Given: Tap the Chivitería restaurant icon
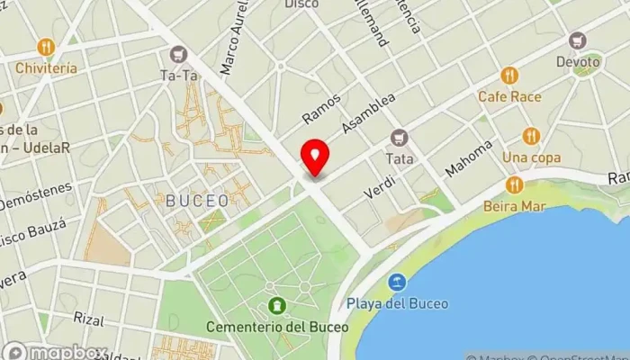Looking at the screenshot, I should [45, 47].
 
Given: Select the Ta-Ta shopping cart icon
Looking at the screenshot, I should [178, 55].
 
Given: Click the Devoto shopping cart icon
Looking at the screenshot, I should [577, 40].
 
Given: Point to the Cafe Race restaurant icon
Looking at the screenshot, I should [509, 76].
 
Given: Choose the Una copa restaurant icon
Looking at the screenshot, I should [530, 136].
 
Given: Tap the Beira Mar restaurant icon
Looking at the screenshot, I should [514, 184].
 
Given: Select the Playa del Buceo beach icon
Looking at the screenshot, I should [395, 283].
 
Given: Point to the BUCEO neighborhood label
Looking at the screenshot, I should [197, 201].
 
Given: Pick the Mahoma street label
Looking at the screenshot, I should [469, 158].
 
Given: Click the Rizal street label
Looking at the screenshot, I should [89, 319].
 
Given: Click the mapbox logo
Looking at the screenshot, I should [56, 351].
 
